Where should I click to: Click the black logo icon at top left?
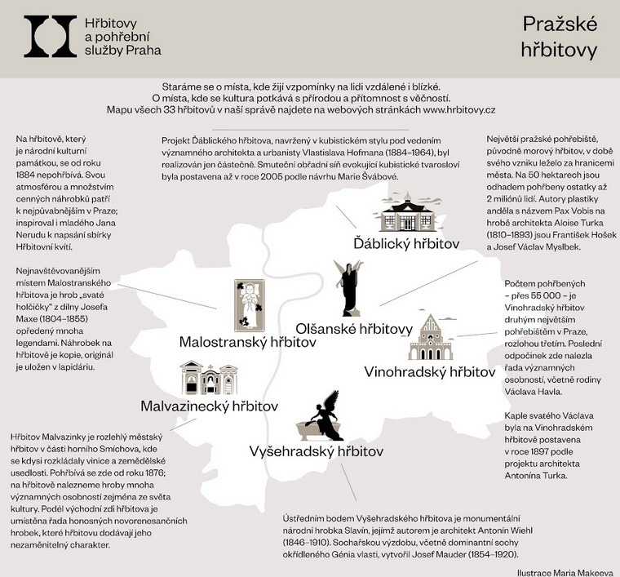pyautogui.click(x=51, y=36)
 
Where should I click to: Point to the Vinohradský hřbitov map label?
pyautogui.click(x=429, y=372)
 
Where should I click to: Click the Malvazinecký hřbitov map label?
pyautogui.click(x=210, y=406)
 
